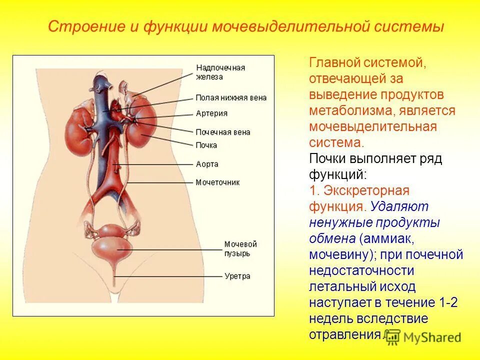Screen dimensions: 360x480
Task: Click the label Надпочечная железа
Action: coord(220,72)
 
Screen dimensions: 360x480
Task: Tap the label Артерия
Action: coord(211,113)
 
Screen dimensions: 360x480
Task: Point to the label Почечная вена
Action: coord(222,132)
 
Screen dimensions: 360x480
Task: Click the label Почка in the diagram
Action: coord(206,145)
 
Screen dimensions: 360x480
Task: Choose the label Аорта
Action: coord(206,164)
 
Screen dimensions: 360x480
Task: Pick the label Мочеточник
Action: coord(217,182)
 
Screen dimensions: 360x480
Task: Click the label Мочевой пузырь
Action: coord(240,249)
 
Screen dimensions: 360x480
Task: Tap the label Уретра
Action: coord(237,276)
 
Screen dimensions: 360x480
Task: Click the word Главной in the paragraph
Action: coord(338,63)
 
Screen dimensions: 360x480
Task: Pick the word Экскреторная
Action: coord(366,190)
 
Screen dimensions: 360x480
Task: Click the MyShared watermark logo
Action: coord(423,337)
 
